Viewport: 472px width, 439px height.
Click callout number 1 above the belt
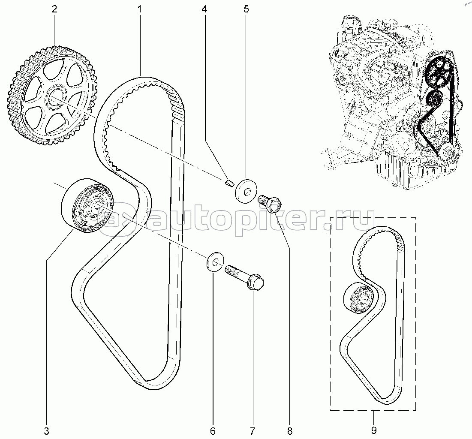[140, 9]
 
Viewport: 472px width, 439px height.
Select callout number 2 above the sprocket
[54, 9]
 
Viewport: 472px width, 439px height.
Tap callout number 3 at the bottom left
[46, 431]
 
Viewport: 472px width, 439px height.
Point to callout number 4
[204, 9]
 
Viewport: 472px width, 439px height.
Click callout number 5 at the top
[246, 9]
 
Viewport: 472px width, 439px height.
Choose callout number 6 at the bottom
[213, 431]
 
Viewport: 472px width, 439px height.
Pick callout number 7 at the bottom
[252, 431]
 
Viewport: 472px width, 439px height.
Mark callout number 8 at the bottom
[289, 431]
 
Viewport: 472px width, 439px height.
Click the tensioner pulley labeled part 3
[87, 205]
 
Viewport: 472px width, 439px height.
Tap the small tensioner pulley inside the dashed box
[359, 298]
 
